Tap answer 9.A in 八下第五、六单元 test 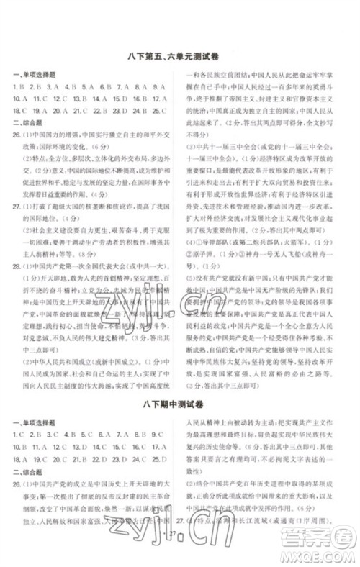point(159,86)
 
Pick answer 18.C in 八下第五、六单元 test point(20,111)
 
